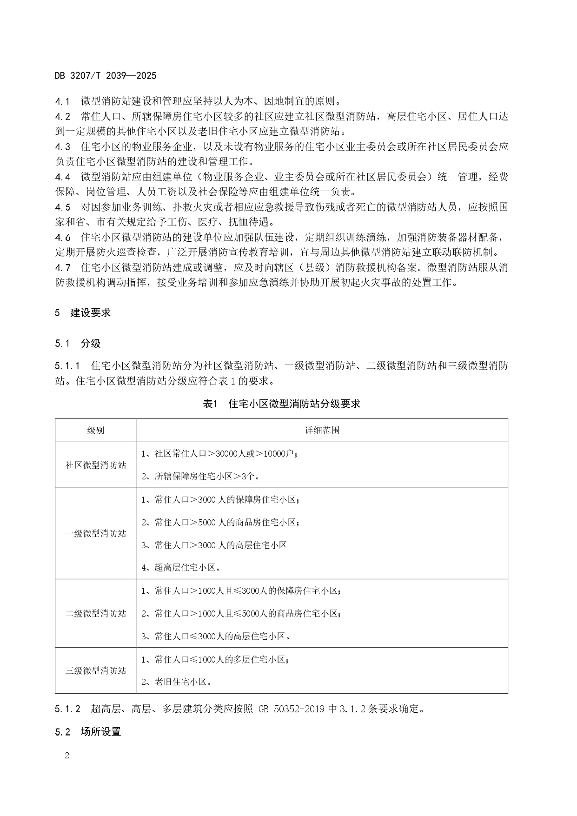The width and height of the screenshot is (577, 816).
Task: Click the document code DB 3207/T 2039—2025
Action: [x=106, y=75]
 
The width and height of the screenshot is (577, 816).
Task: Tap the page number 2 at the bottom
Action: [x=66, y=755]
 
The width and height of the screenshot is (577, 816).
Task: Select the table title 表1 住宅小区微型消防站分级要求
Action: [x=281, y=404]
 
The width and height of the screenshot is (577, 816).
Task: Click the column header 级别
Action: [x=95, y=431]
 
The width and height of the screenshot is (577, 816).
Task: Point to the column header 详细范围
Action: [x=322, y=431]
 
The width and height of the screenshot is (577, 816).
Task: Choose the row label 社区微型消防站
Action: [x=95, y=465]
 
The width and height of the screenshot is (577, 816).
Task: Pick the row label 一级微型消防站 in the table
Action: [x=95, y=534]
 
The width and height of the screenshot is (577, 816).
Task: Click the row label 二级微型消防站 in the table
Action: [x=95, y=614]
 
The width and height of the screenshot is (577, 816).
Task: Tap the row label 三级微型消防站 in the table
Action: [x=95, y=671]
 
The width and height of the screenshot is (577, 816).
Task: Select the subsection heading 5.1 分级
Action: [x=78, y=344]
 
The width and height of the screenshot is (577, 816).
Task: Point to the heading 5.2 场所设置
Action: [x=88, y=732]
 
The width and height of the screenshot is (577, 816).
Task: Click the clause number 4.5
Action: [x=63, y=207]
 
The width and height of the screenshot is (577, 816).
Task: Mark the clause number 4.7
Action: [x=63, y=268]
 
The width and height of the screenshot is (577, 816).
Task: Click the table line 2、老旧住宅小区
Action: [x=177, y=682]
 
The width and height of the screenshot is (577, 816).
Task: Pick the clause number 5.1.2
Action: [x=68, y=710]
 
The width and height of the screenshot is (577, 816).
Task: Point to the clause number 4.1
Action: [x=63, y=101]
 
